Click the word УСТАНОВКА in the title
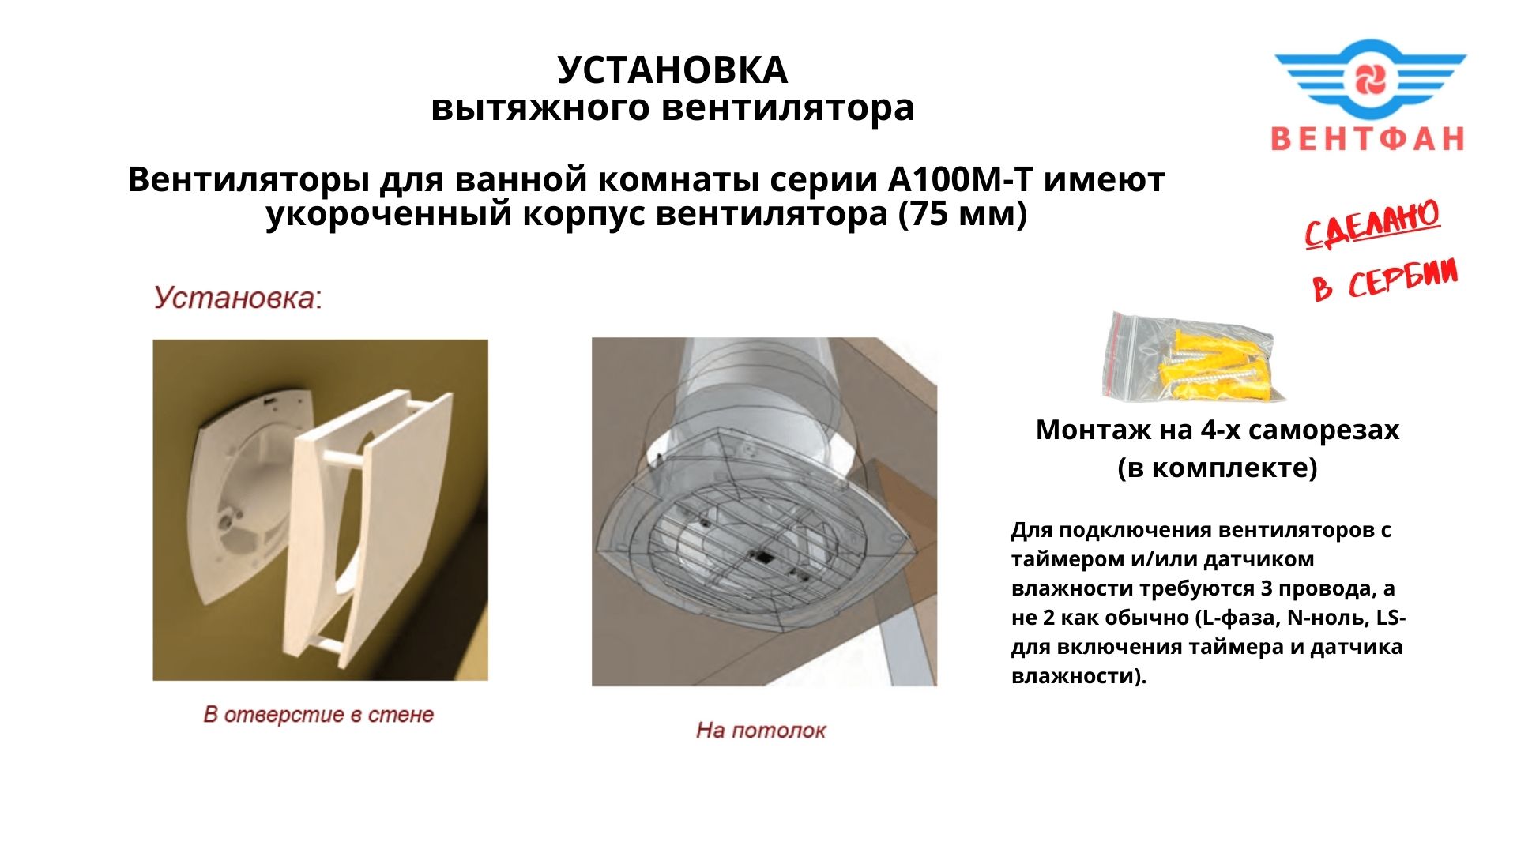pyautogui.click(x=672, y=70)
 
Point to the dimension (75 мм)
pyautogui.click(x=963, y=214)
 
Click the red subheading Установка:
pyautogui.click(x=238, y=298)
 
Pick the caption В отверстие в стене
pyautogui.click(x=318, y=714)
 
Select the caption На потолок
pyautogui.click(x=761, y=730)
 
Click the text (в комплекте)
pyautogui.click(x=1218, y=468)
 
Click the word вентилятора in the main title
pyautogui.click(x=788, y=108)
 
